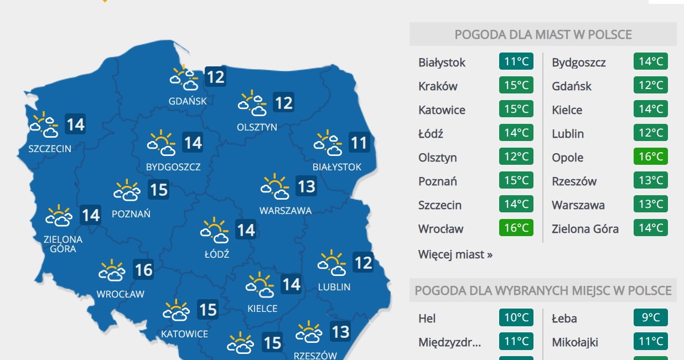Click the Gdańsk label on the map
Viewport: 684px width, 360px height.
(x=188, y=101)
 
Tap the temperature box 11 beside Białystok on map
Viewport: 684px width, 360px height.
(x=359, y=144)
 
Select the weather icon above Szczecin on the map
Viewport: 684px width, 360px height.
(x=44, y=126)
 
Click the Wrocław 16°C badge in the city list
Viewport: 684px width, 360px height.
(x=516, y=228)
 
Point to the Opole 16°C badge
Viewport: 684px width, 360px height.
(x=650, y=157)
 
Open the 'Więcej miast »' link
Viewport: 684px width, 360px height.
(x=455, y=254)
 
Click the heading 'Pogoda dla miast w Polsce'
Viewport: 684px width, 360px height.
(x=542, y=34)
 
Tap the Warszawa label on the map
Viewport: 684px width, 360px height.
(x=285, y=210)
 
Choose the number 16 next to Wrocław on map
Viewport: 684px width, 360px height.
(x=143, y=270)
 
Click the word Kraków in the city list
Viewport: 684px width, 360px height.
(x=438, y=86)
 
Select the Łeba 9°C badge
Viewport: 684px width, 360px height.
(x=650, y=318)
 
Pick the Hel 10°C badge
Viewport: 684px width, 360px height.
(x=516, y=318)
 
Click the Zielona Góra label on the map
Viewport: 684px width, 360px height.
(x=63, y=244)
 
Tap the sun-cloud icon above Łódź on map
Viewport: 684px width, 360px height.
(x=215, y=231)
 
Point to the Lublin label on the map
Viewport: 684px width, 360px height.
(x=334, y=286)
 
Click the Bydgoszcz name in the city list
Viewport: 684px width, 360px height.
(x=578, y=62)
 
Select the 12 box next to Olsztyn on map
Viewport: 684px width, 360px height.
(x=283, y=103)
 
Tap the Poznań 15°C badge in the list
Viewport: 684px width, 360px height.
(x=516, y=181)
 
